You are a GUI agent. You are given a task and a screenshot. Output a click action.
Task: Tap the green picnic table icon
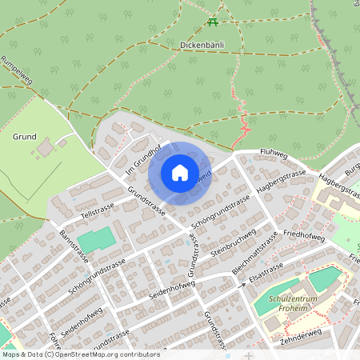(212, 22)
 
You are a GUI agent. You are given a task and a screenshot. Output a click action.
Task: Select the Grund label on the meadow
(24, 137)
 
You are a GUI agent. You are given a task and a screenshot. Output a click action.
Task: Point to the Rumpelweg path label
(15, 70)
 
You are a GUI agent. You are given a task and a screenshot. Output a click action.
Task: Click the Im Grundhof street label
(142, 159)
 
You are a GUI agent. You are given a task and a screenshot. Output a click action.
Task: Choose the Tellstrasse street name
(98, 209)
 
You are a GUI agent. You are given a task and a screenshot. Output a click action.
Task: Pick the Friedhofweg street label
(304, 237)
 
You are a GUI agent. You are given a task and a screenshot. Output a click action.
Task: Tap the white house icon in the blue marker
(180, 172)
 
